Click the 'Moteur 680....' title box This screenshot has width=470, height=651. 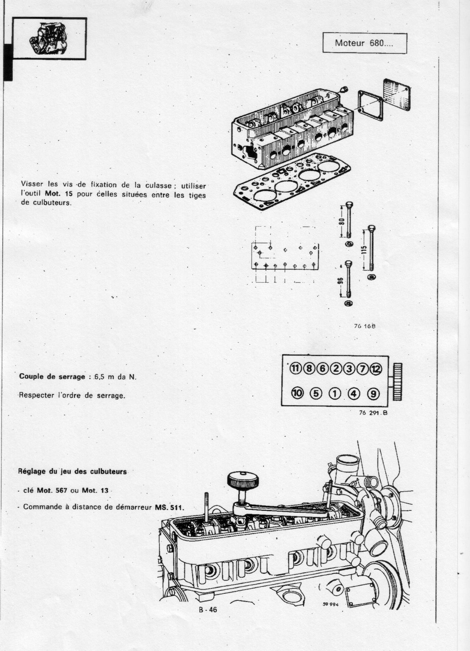coord(364,43)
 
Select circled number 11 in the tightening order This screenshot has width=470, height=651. coord(295,368)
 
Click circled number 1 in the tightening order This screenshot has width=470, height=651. coord(335,393)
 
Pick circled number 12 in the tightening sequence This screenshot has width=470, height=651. coord(375,369)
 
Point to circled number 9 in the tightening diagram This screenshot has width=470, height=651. coord(372,393)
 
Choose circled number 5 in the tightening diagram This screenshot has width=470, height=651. coord(315,393)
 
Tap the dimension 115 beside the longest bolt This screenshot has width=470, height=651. coord(365,250)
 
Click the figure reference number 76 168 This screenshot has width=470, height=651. coord(364,326)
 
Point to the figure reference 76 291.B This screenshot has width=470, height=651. coord(370,414)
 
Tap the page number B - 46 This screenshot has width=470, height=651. coord(208,610)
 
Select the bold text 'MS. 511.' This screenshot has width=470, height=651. coord(169,507)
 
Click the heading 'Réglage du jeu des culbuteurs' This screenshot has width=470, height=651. coord(73,472)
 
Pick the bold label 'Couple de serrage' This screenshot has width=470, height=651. coord(52,376)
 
